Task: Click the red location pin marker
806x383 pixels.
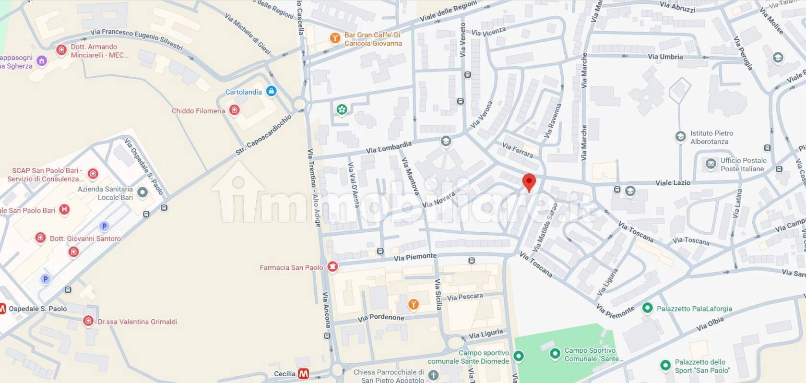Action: [x=529, y=182]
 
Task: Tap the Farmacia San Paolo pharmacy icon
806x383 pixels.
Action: [x=332, y=267]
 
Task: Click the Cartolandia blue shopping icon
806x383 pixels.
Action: [x=271, y=91]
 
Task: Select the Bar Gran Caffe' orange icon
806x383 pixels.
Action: [x=335, y=38]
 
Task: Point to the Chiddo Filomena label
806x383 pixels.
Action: [x=198, y=111]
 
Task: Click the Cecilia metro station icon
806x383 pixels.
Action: [x=303, y=373]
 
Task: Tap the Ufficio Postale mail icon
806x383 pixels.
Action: [x=711, y=164]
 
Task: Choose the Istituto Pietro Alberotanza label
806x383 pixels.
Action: [x=711, y=137]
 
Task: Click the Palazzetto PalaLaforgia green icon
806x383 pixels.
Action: [x=647, y=308]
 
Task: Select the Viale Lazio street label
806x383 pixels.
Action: [x=673, y=183]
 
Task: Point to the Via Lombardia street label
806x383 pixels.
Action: [x=389, y=147]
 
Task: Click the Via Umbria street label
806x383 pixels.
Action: [x=665, y=57]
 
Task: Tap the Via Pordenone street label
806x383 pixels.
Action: [x=380, y=318]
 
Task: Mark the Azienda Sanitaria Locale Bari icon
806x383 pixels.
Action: [x=142, y=192]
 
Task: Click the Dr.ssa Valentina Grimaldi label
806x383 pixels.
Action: [x=137, y=322]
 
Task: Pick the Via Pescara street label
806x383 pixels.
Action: [x=464, y=297]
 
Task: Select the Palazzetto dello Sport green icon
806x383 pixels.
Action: [x=665, y=366]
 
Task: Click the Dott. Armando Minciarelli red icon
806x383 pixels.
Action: [x=61, y=50]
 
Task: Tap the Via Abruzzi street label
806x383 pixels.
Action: [x=677, y=7]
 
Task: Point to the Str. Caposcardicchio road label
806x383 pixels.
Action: [x=263, y=135]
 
